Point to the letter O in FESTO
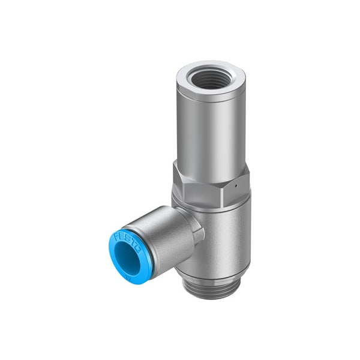(x=139, y=251)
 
